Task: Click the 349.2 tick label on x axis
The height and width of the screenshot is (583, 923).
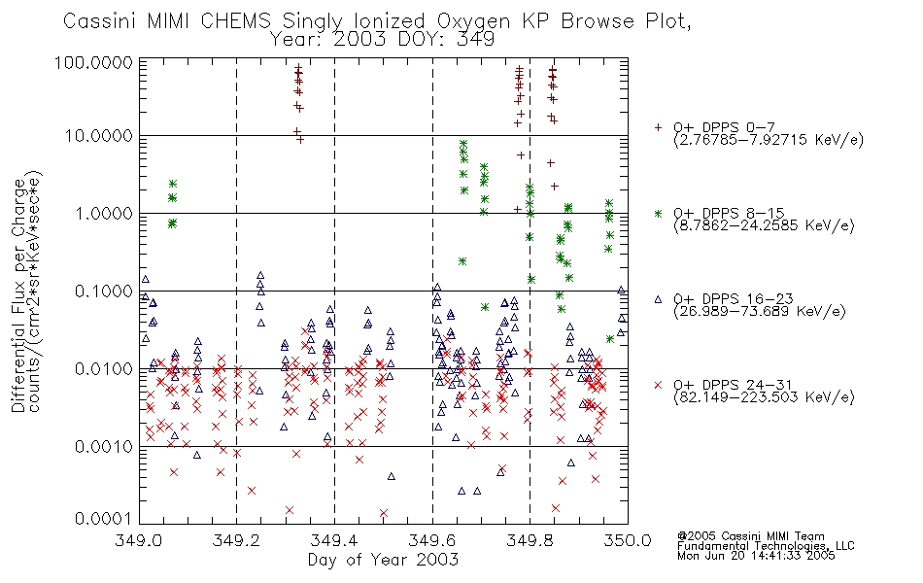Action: (x=236, y=540)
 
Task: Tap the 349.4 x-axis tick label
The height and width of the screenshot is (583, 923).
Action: (x=334, y=540)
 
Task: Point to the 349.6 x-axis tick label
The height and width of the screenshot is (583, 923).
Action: (x=432, y=540)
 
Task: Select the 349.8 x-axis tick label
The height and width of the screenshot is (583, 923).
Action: (x=530, y=540)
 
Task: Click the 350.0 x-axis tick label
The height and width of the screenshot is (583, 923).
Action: (x=628, y=540)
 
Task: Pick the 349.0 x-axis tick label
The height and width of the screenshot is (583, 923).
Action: (x=139, y=540)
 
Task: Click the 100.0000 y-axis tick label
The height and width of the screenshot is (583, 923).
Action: (x=94, y=62)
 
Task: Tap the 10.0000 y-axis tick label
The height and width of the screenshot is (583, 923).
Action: (x=99, y=136)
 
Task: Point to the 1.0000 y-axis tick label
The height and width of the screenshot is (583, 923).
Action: (x=104, y=213)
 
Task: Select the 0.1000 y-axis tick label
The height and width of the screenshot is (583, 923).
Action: (x=104, y=291)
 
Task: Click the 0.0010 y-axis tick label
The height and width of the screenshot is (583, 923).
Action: (x=104, y=447)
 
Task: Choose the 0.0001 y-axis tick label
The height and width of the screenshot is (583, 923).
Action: (x=104, y=519)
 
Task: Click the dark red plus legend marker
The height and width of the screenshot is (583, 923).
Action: (x=658, y=127)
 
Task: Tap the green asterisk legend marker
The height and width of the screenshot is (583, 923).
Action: (x=658, y=213)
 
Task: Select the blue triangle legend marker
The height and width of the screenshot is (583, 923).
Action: (x=658, y=299)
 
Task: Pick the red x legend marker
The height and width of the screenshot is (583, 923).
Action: (x=658, y=385)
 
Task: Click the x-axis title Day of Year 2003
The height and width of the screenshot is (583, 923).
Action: (x=383, y=560)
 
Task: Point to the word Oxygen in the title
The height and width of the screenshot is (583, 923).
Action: (x=473, y=21)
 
